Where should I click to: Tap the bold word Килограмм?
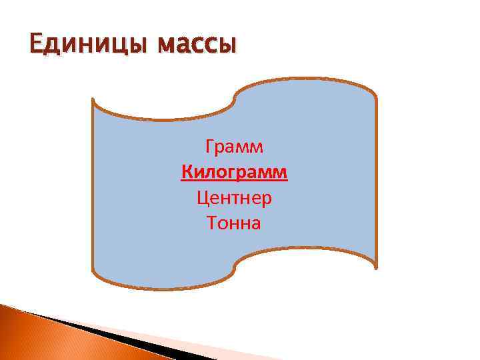coord(235,173)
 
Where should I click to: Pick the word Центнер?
coord(235,198)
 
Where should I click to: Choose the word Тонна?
coord(235,223)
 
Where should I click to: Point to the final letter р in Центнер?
coord(267,199)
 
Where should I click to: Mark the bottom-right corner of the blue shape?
coord(376,267)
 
